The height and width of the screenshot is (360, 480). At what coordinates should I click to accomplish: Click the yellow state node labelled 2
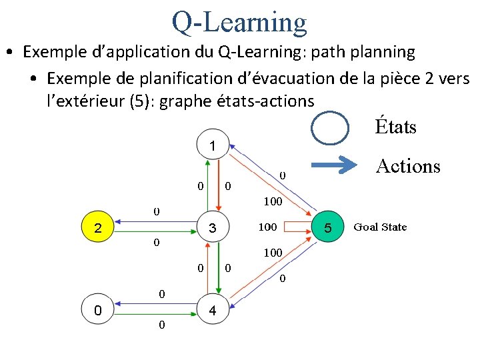(98, 228)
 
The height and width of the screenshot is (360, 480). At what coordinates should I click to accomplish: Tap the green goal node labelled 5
(327, 228)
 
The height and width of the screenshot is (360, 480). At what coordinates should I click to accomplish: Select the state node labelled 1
(211, 145)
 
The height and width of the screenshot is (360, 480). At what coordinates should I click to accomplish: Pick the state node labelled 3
(212, 228)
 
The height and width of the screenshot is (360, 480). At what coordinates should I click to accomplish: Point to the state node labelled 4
(212, 311)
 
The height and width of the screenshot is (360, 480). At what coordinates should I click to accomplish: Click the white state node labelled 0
(98, 311)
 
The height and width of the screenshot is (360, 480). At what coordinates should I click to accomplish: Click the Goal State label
(380, 227)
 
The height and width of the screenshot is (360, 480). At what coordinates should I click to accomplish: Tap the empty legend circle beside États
(331, 127)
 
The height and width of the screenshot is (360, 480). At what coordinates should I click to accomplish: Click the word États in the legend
(395, 127)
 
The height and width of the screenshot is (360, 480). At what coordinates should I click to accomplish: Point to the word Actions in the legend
(408, 166)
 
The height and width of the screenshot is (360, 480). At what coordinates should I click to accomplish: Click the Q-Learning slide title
(239, 21)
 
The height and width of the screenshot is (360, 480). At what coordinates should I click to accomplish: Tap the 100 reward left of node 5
(267, 227)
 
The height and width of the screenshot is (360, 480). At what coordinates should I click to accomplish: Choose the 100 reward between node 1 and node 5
(273, 201)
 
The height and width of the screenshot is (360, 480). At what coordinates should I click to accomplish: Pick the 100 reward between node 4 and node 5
(273, 253)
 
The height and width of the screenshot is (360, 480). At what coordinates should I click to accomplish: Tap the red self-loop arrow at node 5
(300, 228)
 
